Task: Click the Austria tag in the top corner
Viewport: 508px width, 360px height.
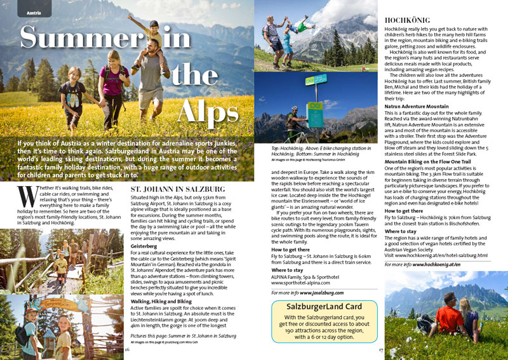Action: point(35,13)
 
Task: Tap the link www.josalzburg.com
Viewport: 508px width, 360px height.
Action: point(321,293)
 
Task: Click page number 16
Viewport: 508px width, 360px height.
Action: point(128,349)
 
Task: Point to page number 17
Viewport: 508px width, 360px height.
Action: point(381,349)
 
